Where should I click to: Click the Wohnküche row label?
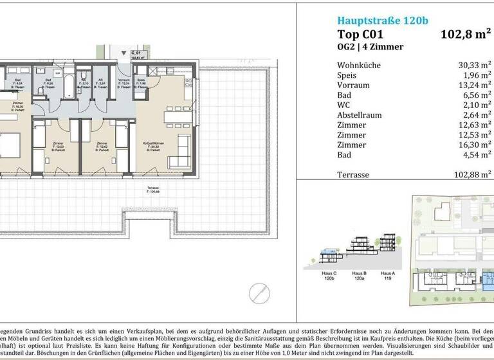(x=358, y=65)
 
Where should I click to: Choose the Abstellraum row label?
(x=359, y=115)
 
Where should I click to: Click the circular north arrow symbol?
(x=259, y=292)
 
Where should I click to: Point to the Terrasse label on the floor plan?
(x=152, y=189)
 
